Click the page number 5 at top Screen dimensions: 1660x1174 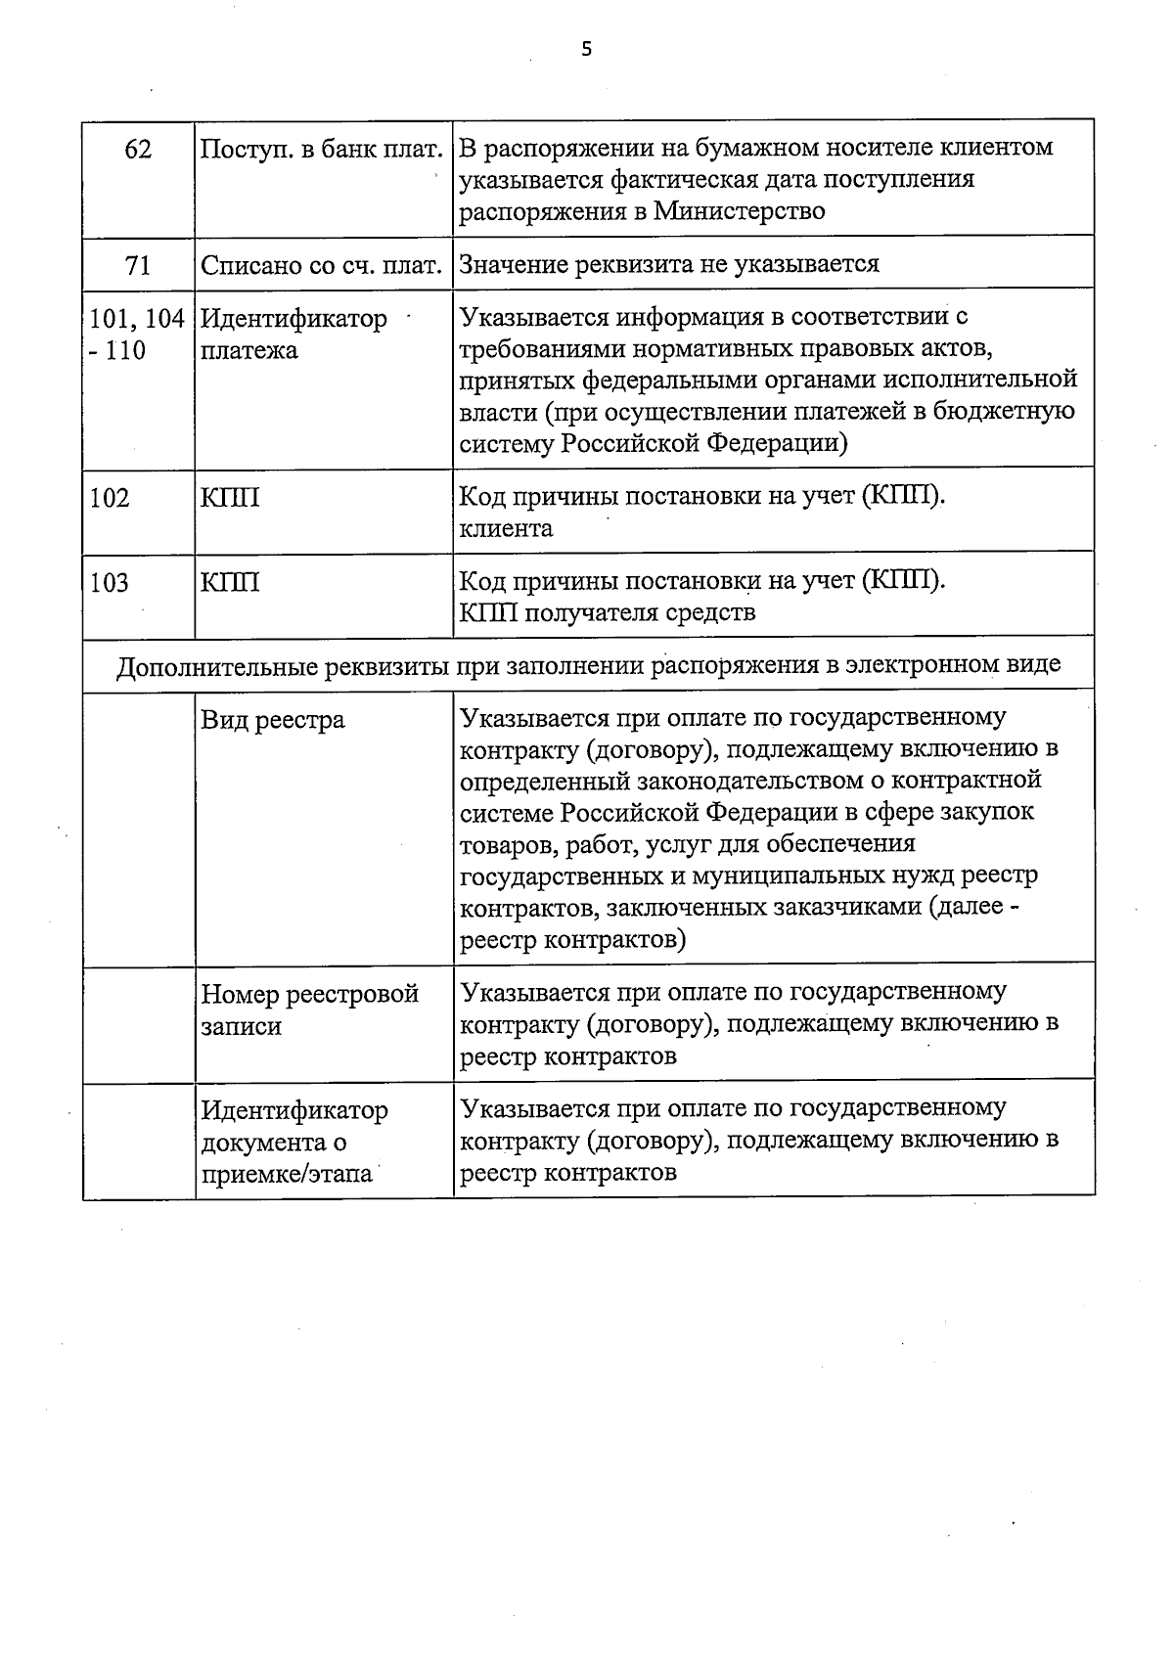click(586, 50)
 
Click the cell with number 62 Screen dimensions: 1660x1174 click(139, 149)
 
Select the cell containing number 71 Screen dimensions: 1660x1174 click(139, 264)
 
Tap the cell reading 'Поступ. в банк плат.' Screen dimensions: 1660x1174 click(322, 150)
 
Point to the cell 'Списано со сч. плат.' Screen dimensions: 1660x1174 click(322, 265)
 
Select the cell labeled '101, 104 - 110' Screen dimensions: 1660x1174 click(137, 335)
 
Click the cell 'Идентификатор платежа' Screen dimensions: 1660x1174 click(293, 335)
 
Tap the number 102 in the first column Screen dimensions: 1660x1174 click(110, 499)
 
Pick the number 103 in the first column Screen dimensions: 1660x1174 click(110, 584)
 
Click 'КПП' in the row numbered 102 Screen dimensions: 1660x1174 click(230, 499)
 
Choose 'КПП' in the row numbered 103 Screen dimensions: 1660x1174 click(230, 584)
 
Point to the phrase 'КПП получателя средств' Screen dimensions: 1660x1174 click(607, 614)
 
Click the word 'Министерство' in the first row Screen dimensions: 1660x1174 click(740, 211)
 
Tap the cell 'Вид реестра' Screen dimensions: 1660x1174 click(273, 721)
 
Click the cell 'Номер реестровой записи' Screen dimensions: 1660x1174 click(309, 1009)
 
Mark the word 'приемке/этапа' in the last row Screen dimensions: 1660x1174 click(287, 1174)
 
